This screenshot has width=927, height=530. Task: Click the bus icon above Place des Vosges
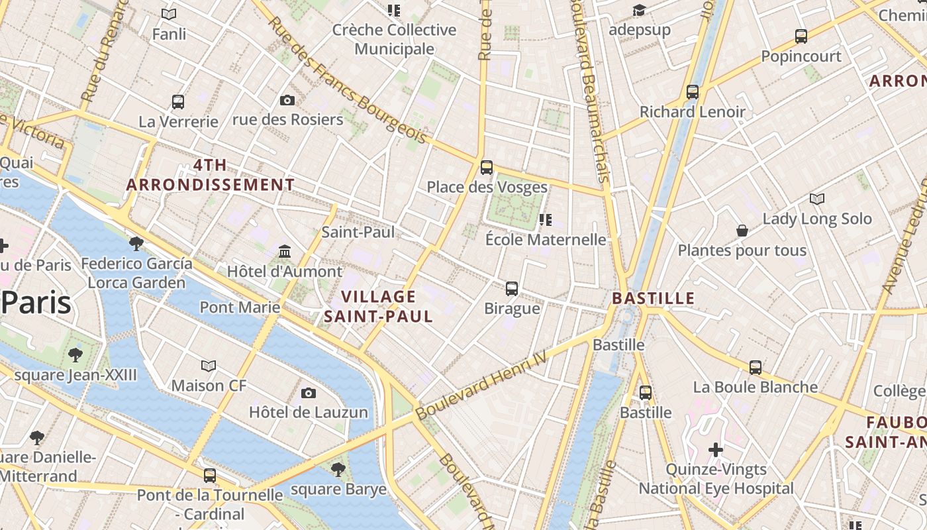point(487,167)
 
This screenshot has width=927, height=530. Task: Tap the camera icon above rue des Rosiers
point(287,100)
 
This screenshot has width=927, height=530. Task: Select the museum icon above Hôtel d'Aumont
point(285,251)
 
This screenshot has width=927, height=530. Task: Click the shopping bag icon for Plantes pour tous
point(742,231)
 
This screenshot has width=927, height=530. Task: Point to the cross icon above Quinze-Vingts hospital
point(716,450)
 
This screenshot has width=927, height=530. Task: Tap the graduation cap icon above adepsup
point(639,10)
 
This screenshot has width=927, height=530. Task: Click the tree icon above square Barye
point(338,470)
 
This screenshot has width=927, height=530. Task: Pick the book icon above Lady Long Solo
point(817,199)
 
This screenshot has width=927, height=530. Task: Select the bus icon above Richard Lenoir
point(693,92)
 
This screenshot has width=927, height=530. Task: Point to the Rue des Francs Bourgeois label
point(348,79)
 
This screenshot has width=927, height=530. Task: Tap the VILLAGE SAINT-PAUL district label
point(379,306)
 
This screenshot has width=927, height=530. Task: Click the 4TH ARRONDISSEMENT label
point(211,175)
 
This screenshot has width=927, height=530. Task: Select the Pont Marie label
point(240,307)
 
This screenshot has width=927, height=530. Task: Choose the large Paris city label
point(36,303)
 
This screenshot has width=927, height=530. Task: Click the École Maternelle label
point(546,239)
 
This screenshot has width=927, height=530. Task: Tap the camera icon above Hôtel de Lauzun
point(309,393)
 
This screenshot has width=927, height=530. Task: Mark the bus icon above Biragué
point(512,289)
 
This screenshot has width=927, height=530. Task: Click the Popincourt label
point(801,56)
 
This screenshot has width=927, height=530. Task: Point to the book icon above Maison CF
point(209,366)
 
